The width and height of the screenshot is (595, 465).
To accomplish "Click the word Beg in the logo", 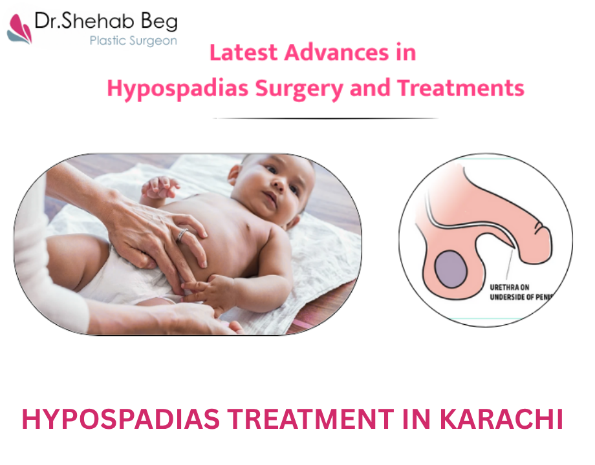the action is pos(159,21).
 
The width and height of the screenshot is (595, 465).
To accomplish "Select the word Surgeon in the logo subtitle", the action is pos(153,41).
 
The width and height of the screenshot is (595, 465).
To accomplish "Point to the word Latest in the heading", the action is pos(244,52).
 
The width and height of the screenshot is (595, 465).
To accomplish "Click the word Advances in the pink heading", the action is pos(336,52).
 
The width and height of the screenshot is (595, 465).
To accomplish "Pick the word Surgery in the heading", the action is pos(299,89).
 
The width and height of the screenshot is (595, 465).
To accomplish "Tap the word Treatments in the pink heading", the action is pos(460,88).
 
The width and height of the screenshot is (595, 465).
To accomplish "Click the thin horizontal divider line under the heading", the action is pos(326,118).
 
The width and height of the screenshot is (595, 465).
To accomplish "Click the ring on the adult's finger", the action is pos(182,235).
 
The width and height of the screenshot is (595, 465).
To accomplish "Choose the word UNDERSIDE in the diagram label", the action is pos(508,297).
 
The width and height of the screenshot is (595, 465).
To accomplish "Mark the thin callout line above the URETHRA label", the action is pos(509,264).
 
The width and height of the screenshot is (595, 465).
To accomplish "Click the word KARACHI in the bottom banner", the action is pos(501,419).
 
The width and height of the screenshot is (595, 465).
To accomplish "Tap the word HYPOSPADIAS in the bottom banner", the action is pos(121,419).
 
